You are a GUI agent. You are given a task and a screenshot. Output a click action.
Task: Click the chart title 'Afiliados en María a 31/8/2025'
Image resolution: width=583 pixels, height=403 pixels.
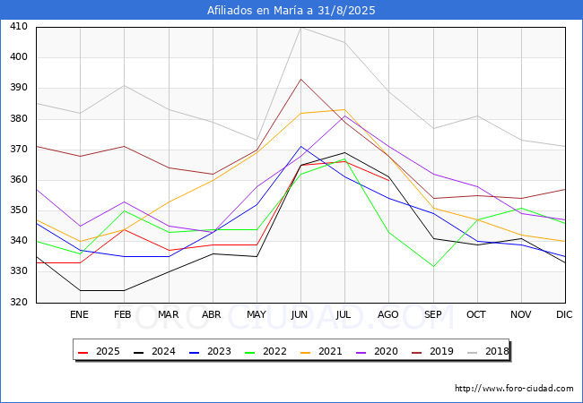[291, 11]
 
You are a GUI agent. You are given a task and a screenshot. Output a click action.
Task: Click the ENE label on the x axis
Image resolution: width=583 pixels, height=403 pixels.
[80, 315]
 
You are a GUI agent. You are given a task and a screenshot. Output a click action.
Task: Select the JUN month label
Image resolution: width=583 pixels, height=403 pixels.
[300, 315]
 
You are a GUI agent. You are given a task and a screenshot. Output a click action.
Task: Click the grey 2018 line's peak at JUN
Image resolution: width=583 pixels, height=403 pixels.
[300, 27]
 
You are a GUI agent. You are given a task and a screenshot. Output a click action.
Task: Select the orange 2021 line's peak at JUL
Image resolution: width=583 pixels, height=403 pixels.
[344, 109]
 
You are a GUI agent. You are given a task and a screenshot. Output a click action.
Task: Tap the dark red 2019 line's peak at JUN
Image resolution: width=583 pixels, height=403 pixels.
[300, 79]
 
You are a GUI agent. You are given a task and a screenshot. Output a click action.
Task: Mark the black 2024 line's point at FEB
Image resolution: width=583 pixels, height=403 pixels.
[124, 290]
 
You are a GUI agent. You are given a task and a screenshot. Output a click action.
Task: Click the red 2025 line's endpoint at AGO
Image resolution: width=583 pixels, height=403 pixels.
[388, 180]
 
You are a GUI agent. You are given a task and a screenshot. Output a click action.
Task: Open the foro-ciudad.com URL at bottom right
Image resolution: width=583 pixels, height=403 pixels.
[514, 389]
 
